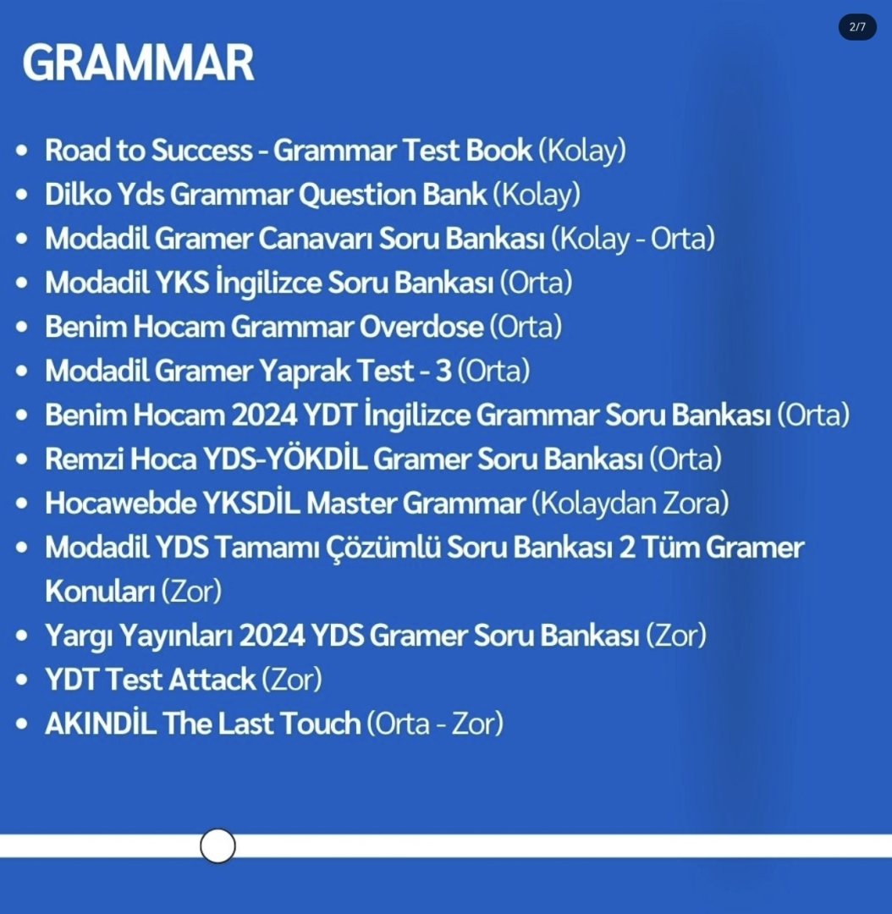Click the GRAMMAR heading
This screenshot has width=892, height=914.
pyautogui.click(x=138, y=63)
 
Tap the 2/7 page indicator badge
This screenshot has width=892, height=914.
pyautogui.click(x=857, y=27)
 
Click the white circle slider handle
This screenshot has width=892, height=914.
pyautogui.click(x=217, y=845)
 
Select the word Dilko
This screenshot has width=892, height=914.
pyautogui.click(x=78, y=194)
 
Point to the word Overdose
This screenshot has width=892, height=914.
pyautogui.click(x=421, y=327)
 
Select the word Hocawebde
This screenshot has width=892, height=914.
pyautogui.click(x=121, y=503)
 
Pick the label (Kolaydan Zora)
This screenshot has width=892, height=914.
pyautogui.click(x=630, y=503)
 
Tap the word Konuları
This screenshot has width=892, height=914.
pyautogui.click(x=100, y=591)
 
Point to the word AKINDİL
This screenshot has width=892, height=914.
pyautogui.click(x=100, y=723)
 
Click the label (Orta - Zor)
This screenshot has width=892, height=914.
pyautogui.click(x=434, y=724)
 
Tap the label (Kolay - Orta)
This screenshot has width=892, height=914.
pyautogui.click(x=632, y=239)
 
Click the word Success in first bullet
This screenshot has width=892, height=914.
pyautogui.click(x=201, y=151)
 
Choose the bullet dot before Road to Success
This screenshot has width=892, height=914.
pyautogui.click(x=22, y=151)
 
